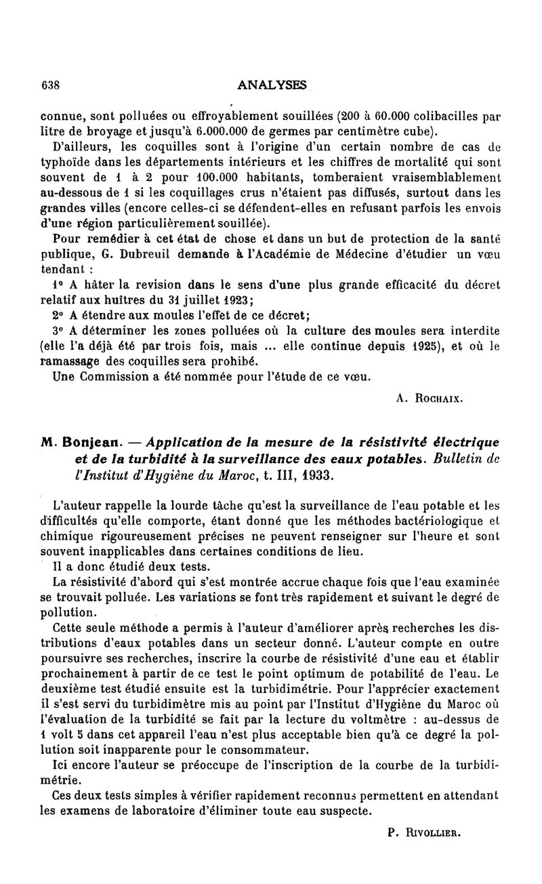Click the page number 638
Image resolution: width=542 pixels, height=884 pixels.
coord(51,85)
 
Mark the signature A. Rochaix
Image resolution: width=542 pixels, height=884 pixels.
coord(429,400)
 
